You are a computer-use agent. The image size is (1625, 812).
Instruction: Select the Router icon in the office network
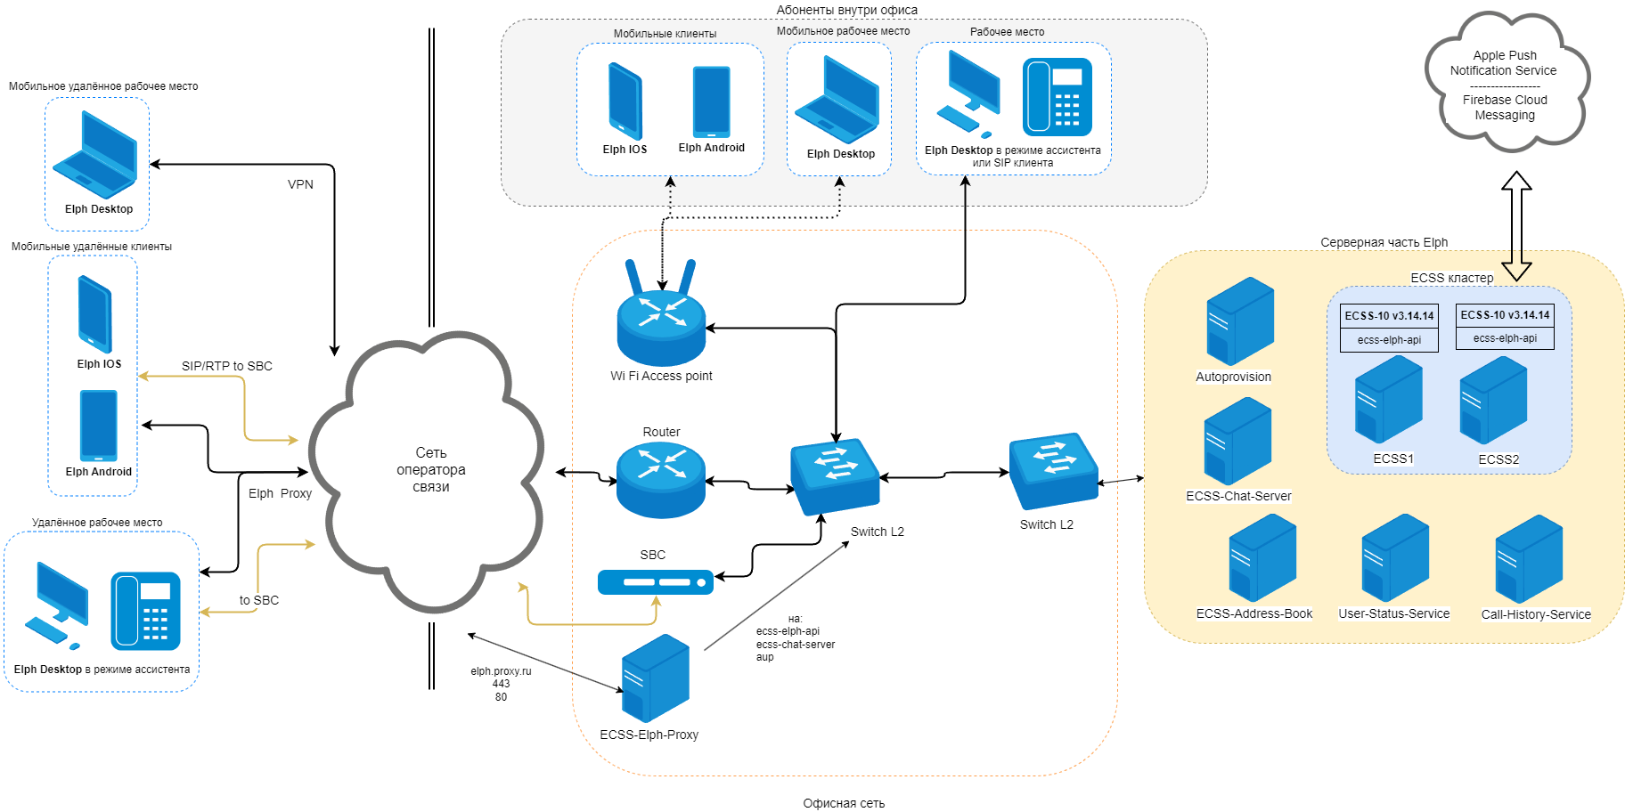click(x=661, y=480)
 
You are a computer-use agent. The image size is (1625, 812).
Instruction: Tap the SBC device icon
click(x=656, y=582)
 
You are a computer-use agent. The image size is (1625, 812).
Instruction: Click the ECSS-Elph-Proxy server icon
click(x=656, y=678)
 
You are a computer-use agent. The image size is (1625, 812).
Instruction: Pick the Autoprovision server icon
click(x=1240, y=321)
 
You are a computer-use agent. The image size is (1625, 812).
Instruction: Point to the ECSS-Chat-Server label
click(x=1238, y=496)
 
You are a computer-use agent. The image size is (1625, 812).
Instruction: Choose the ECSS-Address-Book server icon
click(x=1262, y=558)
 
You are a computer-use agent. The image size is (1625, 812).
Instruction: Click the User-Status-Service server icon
click(x=1395, y=558)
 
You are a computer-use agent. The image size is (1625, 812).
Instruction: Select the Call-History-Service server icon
click(x=1529, y=559)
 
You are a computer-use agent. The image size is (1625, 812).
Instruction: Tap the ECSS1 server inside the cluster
click(x=1388, y=400)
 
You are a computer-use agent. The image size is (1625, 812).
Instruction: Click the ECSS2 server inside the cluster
click(x=1493, y=401)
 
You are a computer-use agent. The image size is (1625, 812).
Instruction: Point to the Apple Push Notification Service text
click(x=1504, y=63)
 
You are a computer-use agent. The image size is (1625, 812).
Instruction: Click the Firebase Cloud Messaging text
click(x=1505, y=108)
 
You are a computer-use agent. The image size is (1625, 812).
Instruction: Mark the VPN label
click(x=300, y=184)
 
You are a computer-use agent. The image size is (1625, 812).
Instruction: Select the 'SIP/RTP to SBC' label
click(x=227, y=366)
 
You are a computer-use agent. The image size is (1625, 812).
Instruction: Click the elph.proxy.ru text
click(x=501, y=671)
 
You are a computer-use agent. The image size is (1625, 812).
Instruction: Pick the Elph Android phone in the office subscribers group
click(x=711, y=101)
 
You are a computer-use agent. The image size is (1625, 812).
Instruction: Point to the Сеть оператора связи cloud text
click(x=431, y=469)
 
